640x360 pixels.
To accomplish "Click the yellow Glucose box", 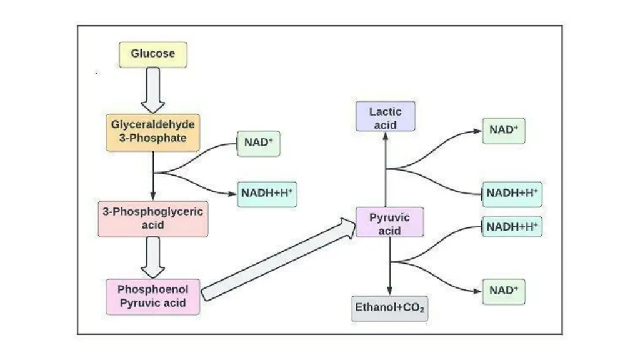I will (x=153, y=54).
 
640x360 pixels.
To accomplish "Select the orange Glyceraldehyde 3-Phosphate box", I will (x=153, y=132).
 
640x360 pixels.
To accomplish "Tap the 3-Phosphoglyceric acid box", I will (x=153, y=219).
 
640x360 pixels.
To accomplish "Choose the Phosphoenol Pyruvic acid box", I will (x=153, y=297).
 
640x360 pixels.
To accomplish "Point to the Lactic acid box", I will (x=385, y=117).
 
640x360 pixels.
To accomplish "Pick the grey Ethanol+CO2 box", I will (x=390, y=308).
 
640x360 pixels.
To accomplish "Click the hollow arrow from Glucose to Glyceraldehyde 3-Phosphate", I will (x=153, y=90).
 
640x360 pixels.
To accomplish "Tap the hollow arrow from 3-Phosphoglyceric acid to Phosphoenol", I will (x=153, y=257).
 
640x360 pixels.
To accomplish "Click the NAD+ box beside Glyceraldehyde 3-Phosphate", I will (x=259, y=143).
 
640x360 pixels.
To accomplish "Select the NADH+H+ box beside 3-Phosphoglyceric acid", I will (x=267, y=194).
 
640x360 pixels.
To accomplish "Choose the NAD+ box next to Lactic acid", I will (x=504, y=131).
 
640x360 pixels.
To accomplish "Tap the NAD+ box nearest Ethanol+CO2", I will (x=504, y=291).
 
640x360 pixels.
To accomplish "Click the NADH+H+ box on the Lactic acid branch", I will (x=512, y=194).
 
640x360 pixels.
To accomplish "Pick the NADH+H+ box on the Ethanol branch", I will (x=512, y=226).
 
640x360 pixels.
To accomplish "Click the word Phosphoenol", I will (x=153, y=290).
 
